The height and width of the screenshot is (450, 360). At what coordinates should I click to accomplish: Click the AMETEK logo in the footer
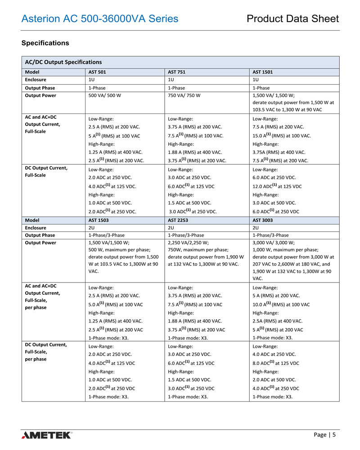coord(46,435)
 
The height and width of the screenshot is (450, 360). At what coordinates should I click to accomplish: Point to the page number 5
coord(334,435)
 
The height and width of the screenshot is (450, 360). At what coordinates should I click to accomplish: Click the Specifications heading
coord(45,43)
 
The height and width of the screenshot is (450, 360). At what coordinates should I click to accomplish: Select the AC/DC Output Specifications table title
coord(63,62)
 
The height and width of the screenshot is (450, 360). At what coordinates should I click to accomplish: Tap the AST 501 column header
coord(97,72)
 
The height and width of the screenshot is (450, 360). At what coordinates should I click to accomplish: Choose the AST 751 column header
coord(176,72)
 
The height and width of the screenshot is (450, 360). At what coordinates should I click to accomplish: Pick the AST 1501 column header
coord(263,72)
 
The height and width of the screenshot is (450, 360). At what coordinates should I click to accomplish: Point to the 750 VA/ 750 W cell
coord(184,95)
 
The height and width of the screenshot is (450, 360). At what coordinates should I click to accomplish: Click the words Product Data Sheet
coord(292,18)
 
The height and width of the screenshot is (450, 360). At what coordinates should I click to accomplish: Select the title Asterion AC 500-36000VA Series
coord(100,18)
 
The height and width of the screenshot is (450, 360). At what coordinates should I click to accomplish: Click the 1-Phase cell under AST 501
coord(97,88)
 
